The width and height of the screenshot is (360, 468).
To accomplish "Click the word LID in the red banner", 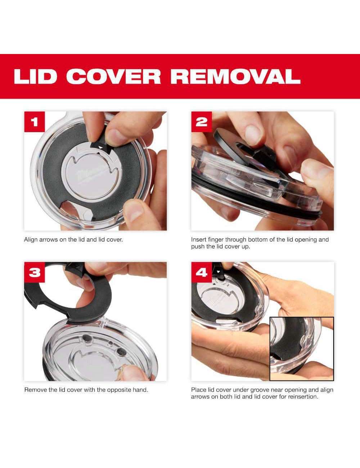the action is pos(35,76).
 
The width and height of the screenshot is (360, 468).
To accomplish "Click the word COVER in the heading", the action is pos(113,76).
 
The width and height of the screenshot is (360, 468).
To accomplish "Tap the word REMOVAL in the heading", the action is pos(235,76).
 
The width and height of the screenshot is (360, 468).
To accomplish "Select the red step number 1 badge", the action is pos(35,122).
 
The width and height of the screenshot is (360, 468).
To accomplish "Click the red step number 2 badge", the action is pos(202,122).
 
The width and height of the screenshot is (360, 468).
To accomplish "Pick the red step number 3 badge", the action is pos(35,272).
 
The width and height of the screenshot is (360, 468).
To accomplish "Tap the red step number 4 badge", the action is pos(202,272).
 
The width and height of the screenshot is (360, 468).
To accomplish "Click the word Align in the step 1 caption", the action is pos(31,240).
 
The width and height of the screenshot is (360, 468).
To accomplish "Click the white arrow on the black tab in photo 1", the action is pos(100,148).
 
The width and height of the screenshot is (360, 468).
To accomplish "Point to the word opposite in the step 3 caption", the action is pos(120,390).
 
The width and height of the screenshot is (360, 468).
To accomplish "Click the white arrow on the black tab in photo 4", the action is pos(219,272).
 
